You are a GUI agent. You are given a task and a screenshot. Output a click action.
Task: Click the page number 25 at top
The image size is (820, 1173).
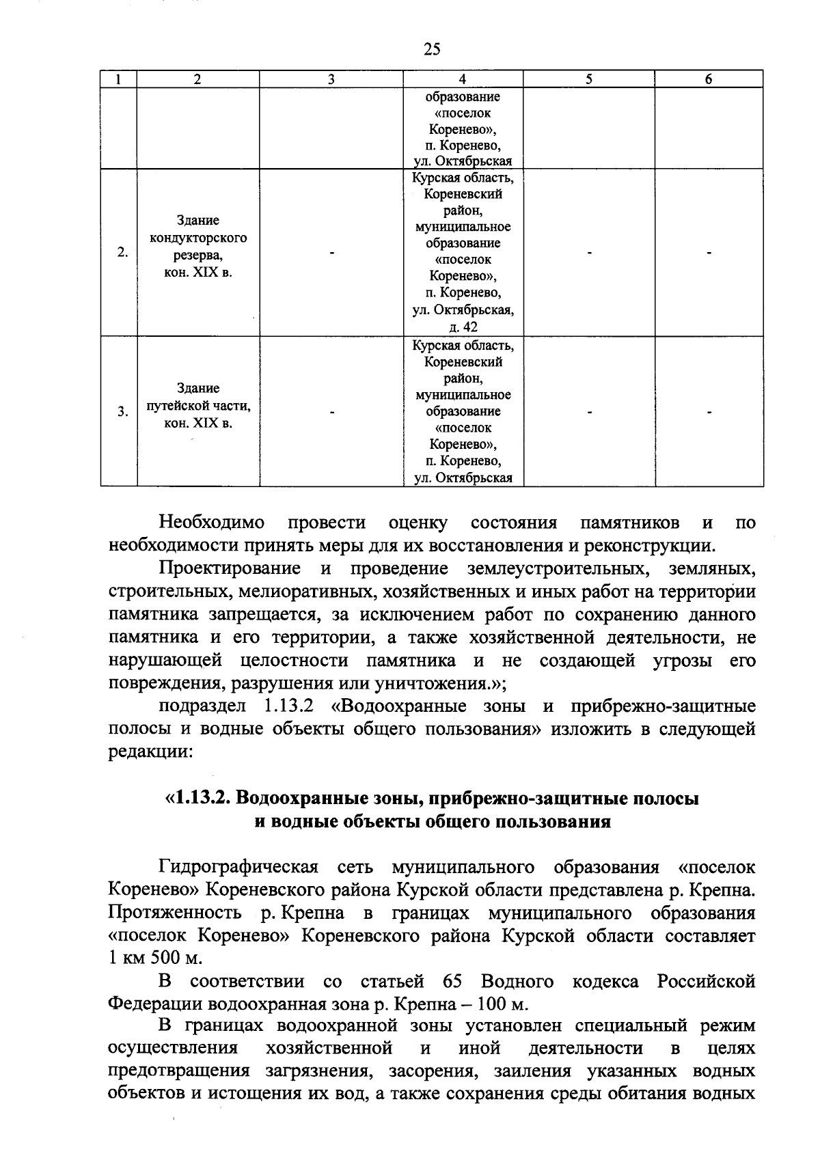pos(432,49)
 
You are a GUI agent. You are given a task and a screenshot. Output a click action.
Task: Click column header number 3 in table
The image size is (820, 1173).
pos(331,79)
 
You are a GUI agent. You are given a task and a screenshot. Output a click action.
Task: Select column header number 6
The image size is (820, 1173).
pos(709,79)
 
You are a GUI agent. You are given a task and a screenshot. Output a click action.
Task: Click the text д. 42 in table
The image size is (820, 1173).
pos(463,327)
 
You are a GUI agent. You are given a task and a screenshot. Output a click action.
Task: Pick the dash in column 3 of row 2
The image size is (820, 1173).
pos(331,253)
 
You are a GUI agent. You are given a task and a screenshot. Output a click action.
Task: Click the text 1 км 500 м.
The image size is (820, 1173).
pos(146,958)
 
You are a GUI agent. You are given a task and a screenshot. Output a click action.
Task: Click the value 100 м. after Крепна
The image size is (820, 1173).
pos(502,1004)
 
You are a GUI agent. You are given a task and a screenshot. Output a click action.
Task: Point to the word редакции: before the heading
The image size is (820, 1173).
pos(150,752)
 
